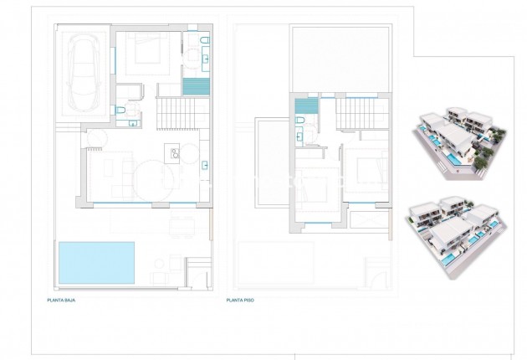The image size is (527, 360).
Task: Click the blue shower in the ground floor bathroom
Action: pos(194,86)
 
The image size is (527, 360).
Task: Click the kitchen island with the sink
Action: pos(176,152)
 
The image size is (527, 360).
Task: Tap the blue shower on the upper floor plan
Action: pos(307,106)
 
